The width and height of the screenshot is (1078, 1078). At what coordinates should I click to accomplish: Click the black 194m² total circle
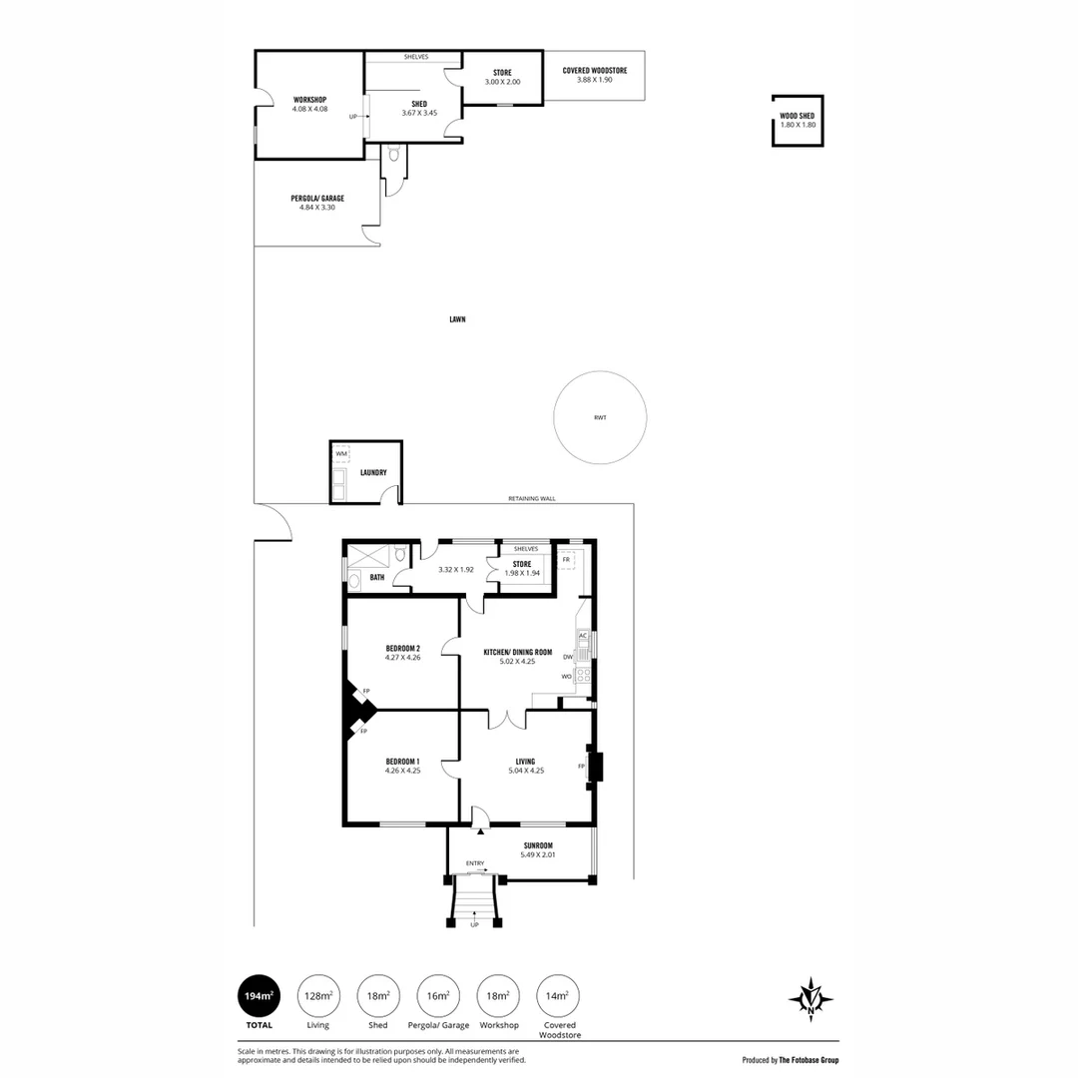point(258,995)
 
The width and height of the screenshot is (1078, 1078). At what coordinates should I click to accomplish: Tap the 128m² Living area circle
point(318,995)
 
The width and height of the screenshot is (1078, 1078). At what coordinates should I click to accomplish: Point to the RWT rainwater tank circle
point(600,417)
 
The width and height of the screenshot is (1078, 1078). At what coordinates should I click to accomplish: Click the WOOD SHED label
point(798,116)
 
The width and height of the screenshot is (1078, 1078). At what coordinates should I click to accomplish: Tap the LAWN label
point(457,319)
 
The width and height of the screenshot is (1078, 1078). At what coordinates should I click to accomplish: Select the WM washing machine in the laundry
point(341,454)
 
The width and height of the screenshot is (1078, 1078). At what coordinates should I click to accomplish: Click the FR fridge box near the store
point(566,560)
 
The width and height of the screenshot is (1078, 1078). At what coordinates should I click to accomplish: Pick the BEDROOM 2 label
point(402,649)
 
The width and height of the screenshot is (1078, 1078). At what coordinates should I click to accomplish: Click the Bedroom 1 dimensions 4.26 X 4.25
point(402,771)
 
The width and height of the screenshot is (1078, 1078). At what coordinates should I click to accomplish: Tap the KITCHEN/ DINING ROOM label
point(517,651)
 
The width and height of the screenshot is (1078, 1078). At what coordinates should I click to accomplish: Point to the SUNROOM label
point(538,845)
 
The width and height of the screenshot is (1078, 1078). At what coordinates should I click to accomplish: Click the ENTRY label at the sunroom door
point(475,863)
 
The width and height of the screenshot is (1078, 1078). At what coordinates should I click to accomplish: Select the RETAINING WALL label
point(532,498)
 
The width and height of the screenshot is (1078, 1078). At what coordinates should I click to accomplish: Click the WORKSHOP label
point(309,99)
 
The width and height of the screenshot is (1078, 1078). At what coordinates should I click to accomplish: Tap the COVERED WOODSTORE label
point(594,71)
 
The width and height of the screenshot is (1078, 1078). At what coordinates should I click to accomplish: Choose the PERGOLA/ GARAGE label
point(317,199)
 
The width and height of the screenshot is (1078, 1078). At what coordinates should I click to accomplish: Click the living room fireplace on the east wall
point(596,767)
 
